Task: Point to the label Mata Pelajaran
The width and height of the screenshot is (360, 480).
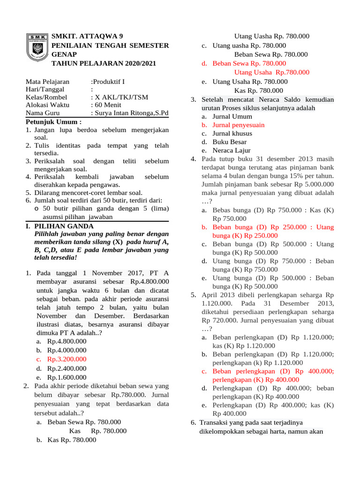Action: tap(47, 81)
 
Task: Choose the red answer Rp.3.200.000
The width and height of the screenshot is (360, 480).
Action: tap(67, 359)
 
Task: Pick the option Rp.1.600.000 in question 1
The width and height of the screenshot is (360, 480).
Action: tap(67, 377)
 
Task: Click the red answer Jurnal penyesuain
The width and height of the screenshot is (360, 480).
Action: tap(238, 125)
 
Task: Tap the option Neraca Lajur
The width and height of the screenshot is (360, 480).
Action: tap(232, 150)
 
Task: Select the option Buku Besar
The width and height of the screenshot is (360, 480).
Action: tap(229, 142)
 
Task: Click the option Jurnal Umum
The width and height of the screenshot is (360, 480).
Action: tap(232, 116)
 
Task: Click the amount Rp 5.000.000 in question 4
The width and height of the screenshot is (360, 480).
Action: tap(313, 184)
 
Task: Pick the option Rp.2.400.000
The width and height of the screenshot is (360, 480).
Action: tap(67, 368)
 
